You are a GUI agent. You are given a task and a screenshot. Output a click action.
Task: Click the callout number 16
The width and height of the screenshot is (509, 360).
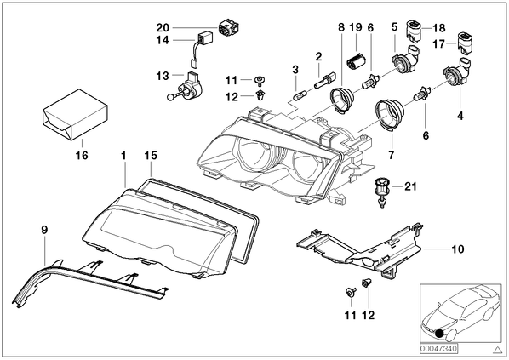click(x=82, y=155)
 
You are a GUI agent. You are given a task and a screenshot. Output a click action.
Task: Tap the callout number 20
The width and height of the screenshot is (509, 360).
click(x=163, y=27)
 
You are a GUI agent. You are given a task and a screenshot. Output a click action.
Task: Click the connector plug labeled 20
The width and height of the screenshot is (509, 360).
click(x=230, y=27)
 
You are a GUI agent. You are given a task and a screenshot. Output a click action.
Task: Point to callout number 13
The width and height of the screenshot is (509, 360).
click(x=163, y=76)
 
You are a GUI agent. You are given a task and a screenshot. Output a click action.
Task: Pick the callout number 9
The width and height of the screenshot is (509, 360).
click(x=44, y=230)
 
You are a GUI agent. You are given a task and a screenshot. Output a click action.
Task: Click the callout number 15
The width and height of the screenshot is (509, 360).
click(x=151, y=156)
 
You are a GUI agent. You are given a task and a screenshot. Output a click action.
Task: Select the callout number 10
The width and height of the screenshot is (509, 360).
click(x=458, y=249)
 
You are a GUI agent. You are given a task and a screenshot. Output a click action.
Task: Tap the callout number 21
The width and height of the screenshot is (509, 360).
click(x=410, y=186)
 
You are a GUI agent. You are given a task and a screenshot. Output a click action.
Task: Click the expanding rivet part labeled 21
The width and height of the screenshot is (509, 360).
click(x=381, y=191)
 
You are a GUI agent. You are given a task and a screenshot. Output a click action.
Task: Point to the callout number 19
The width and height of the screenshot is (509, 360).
click(x=356, y=27)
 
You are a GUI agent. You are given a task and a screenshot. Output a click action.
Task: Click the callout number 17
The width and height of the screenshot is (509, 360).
click(x=438, y=43)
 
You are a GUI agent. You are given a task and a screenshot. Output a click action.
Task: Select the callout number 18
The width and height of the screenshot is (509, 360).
click(x=439, y=28)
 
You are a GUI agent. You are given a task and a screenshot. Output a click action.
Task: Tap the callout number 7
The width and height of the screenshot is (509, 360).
click(x=392, y=155)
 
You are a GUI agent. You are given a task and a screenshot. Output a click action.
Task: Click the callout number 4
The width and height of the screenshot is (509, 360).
click(x=460, y=116)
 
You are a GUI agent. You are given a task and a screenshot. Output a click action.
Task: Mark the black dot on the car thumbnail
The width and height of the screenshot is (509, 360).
click(x=440, y=334)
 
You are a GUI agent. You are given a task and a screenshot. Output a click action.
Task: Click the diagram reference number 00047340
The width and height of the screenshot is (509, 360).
click(x=438, y=349)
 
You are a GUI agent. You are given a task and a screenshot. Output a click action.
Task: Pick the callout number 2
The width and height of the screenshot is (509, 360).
click(x=319, y=57)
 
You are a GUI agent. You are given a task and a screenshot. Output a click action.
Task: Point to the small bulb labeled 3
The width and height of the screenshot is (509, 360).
click(x=298, y=96)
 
